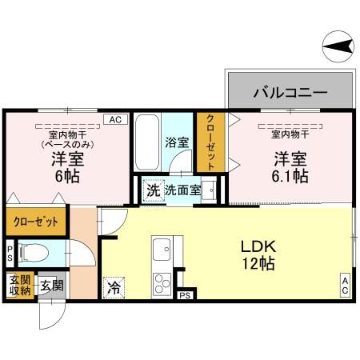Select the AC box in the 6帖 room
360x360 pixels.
(114, 119)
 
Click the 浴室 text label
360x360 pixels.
(177, 144)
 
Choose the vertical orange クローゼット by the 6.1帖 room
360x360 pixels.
(210, 142)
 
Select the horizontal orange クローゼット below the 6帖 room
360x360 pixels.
(35, 221)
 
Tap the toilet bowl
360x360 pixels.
(32, 254)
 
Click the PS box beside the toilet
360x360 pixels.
(10, 254)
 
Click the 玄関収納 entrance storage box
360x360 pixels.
(19, 286)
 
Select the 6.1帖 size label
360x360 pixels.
(290, 176)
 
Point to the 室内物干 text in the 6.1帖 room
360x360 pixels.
(290, 134)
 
